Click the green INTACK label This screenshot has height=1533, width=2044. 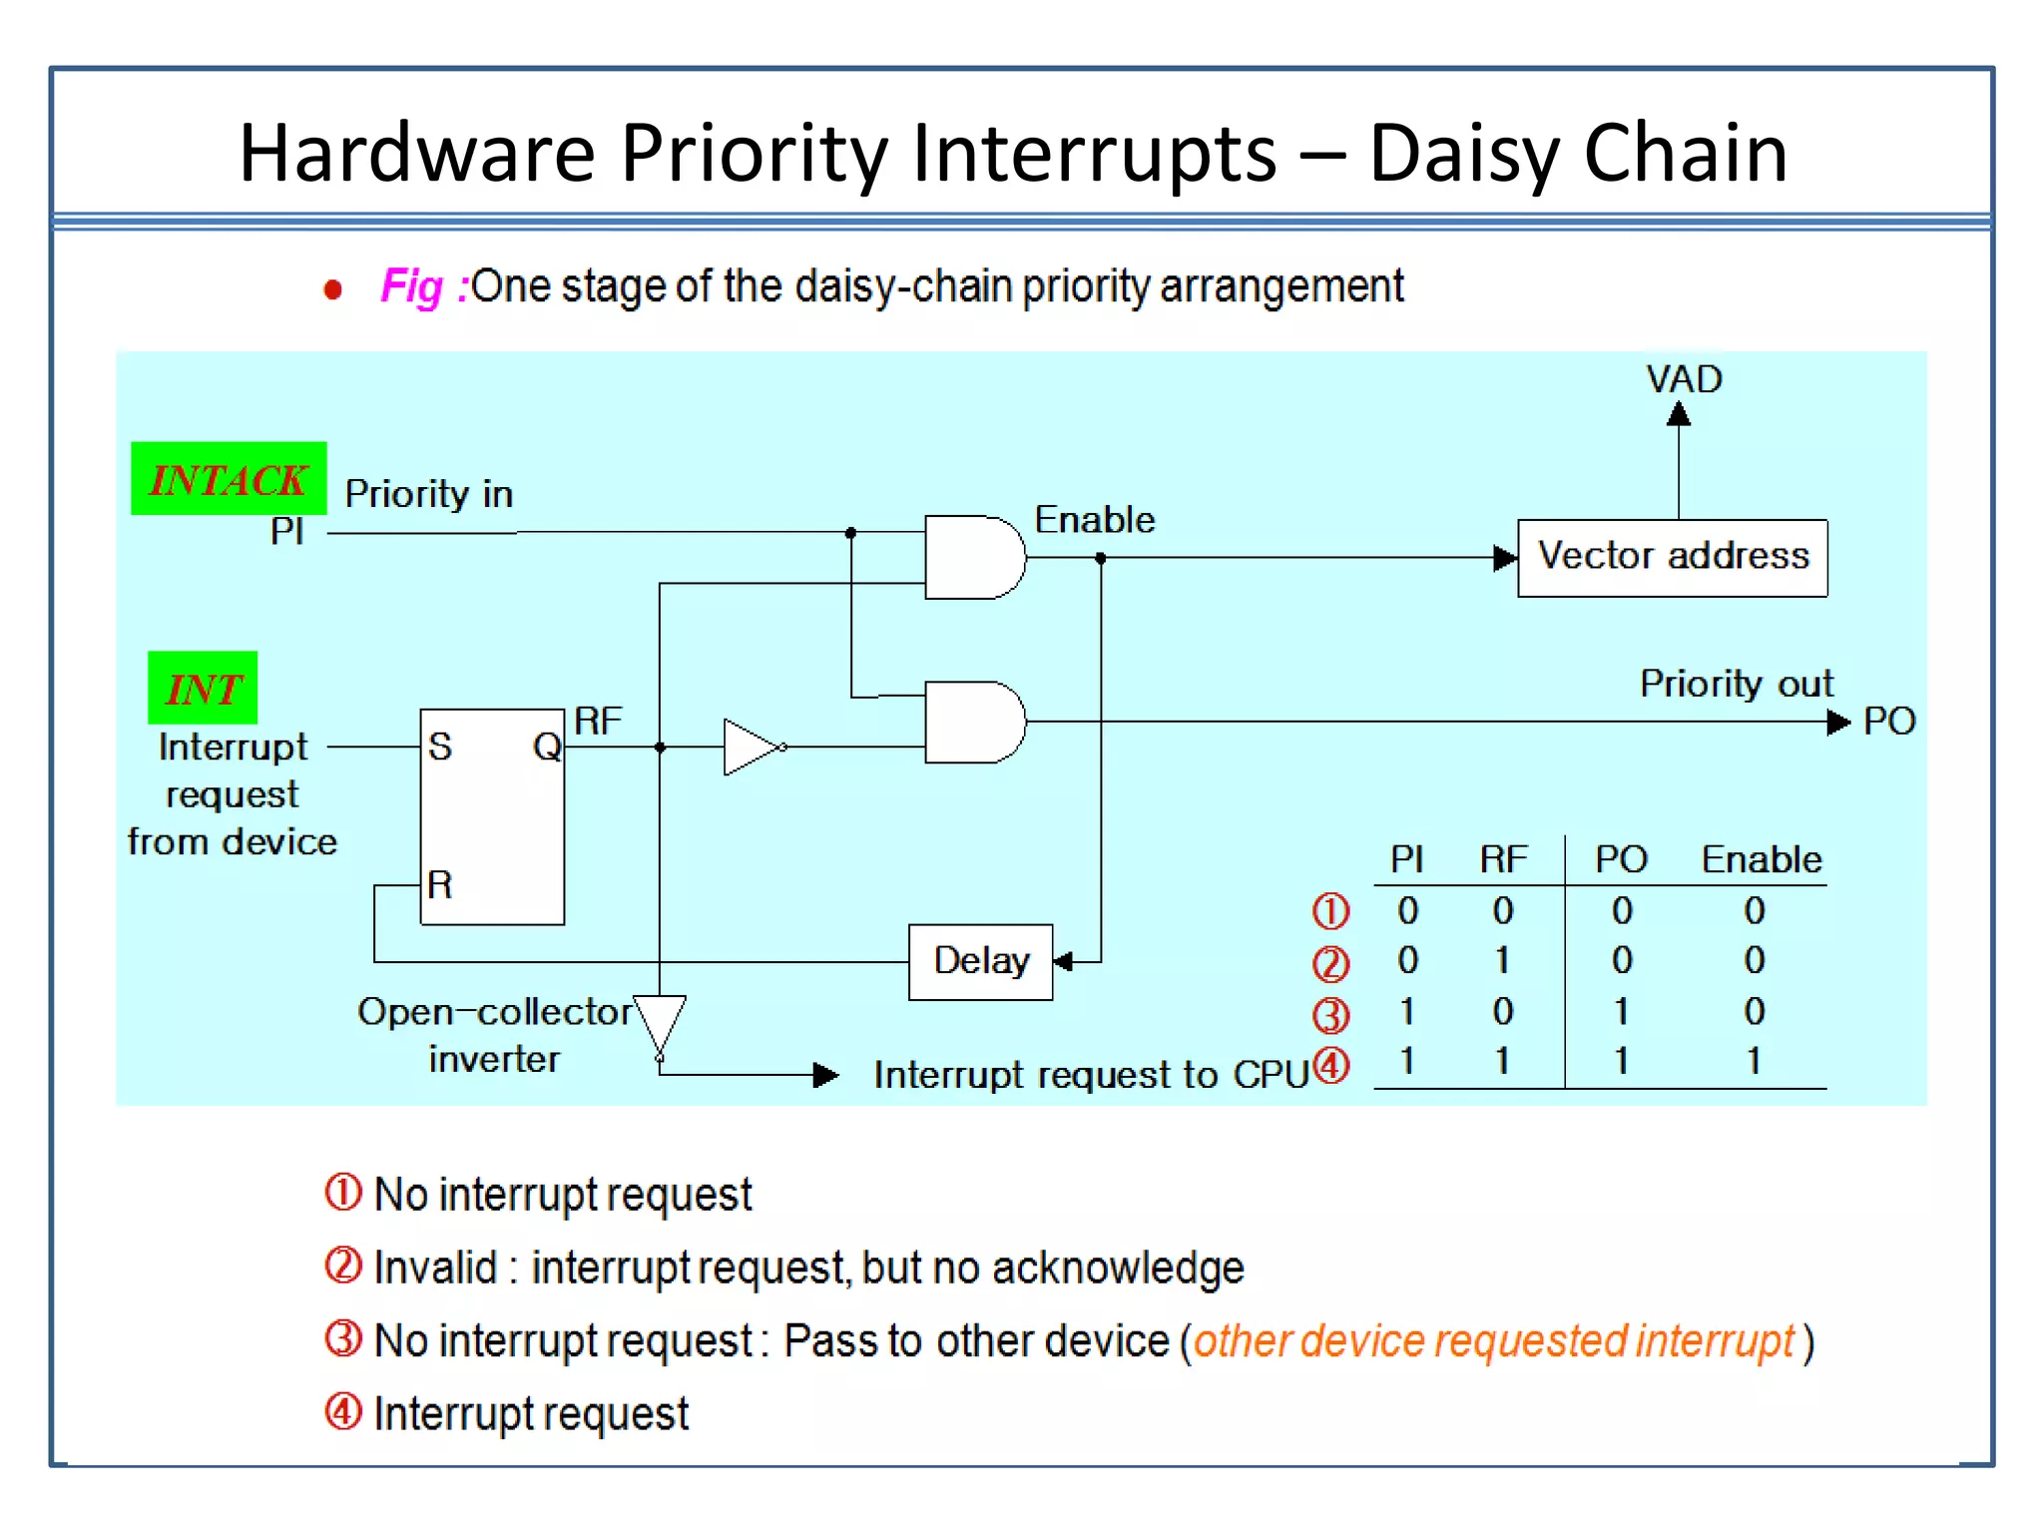pyautogui.click(x=229, y=479)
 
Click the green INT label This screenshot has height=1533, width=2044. pyautogui.click(x=203, y=689)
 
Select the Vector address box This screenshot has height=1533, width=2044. pyautogui.click(x=1673, y=557)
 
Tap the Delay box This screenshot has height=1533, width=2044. pyautogui.click(x=980, y=961)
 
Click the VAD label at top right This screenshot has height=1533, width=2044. pyautogui.click(x=1684, y=379)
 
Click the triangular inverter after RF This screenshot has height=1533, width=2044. pyautogui.click(x=751, y=747)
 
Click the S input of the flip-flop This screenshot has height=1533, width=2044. pyautogui.click(x=440, y=747)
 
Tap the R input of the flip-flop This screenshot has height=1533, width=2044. pyautogui.click(x=439, y=884)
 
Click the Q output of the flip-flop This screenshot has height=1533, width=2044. pyautogui.click(x=547, y=747)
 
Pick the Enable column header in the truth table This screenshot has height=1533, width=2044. pyautogui.click(x=1762, y=859)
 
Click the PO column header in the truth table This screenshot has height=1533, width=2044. pyautogui.click(x=1621, y=859)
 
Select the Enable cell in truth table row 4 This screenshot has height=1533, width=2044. pyautogui.click(x=1754, y=1060)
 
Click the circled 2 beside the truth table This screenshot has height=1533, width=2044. pyautogui.click(x=1330, y=963)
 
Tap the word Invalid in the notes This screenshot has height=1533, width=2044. pyautogui.click(x=435, y=1268)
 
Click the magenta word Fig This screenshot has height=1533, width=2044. pyautogui.click(x=411, y=286)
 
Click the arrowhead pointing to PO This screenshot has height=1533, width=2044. pyautogui.click(x=1837, y=722)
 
